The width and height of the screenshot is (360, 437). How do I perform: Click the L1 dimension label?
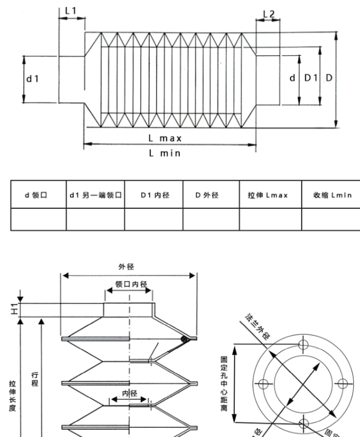[x=71, y=10]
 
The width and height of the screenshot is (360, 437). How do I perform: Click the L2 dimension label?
[x=268, y=14]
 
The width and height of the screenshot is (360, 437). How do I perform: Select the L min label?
[x=165, y=153]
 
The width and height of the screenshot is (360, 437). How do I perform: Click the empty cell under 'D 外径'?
[x=211, y=219]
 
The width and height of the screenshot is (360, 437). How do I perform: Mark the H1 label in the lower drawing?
[x=15, y=310]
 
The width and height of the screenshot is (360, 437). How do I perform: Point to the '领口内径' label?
[x=130, y=284]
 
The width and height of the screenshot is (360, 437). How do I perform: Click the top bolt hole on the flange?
[x=303, y=344]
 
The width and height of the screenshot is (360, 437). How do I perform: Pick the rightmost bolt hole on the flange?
[x=342, y=384]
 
